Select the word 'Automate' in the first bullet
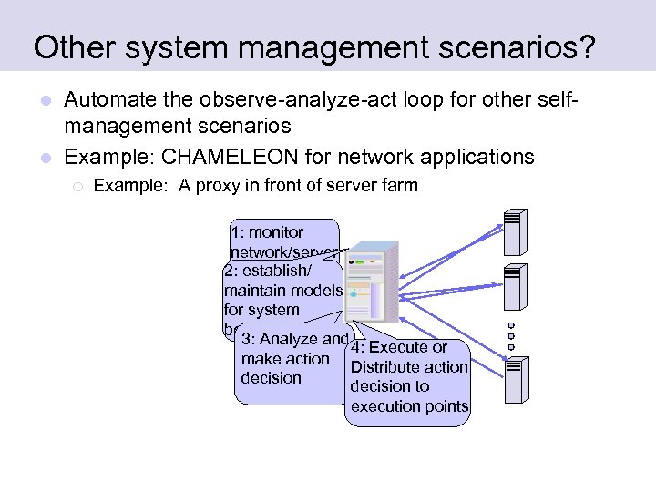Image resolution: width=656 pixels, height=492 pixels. (x=108, y=98)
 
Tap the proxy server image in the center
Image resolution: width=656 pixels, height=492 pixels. (x=371, y=282)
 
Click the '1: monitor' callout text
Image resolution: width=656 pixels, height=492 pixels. (x=267, y=232)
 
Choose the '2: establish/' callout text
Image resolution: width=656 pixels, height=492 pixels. (x=269, y=271)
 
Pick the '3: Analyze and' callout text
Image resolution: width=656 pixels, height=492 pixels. (x=295, y=339)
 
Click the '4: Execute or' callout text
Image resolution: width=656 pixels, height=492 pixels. (x=400, y=347)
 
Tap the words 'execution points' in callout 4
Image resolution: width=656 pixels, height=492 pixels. (x=409, y=406)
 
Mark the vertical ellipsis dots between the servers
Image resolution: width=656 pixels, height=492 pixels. (x=512, y=335)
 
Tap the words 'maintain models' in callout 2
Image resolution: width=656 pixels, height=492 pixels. (x=282, y=291)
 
